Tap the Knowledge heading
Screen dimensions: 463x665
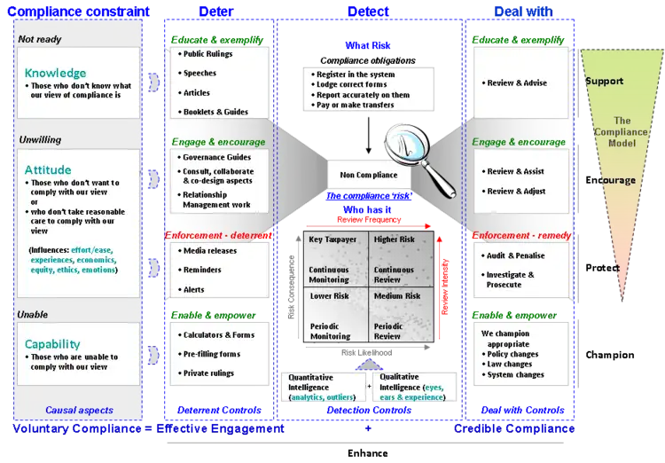pyautogui.click(x=56, y=73)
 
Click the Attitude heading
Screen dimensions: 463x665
pyautogui.click(x=49, y=169)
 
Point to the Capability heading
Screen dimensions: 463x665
pyautogui.click(x=52, y=344)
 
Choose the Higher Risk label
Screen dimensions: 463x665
pyautogui.click(x=398, y=239)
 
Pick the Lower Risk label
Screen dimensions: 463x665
pyautogui.click(x=327, y=295)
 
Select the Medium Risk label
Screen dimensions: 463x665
pyautogui.click(x=397, y=295)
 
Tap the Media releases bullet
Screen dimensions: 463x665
pyautogui.click(x=209, y=251)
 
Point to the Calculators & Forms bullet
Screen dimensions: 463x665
pyautogui.click(x=218, y=335)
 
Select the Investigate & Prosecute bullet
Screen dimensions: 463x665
pyautogui.click(x=510, y=280)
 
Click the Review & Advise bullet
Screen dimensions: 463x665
pyautogui.click(x=517, y=83)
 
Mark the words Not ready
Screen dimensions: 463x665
pyautogui.click(x=39, y=39)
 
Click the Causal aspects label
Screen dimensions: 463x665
pyautogui.click(x=79, y=410)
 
